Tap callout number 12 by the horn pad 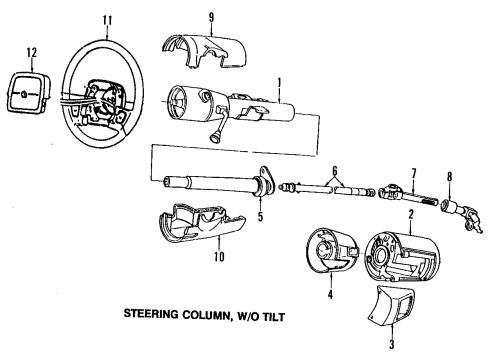(x=31, y=52)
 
